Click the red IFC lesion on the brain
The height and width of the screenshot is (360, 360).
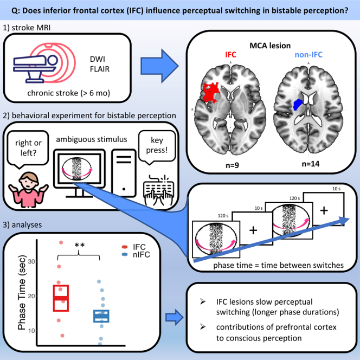tap(211, 93)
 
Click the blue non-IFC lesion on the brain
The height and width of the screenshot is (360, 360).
tap(298, 104)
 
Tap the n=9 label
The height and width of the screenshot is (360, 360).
tap(232, 165)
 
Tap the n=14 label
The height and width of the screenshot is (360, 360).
tap(311, 164)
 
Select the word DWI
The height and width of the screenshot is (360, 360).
tap(98, 59)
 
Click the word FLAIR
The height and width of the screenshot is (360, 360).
tap(100, 69)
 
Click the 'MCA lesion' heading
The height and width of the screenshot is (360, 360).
tap(270, 46)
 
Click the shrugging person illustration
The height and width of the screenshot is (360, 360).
tap(29, 190)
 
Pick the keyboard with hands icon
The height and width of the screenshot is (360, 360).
tap(158, 190)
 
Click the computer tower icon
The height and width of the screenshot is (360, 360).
tap(124, 173)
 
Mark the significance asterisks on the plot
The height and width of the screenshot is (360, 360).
tap(80, 245)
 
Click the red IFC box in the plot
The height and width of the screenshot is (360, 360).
tap(61, 298)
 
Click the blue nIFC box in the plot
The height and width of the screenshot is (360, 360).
tap(101, 316)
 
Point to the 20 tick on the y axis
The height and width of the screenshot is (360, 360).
tap(31, 296)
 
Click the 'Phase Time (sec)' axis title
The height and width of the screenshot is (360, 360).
tap(22, 292)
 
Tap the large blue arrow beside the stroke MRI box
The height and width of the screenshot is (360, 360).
tap(159, 66)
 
